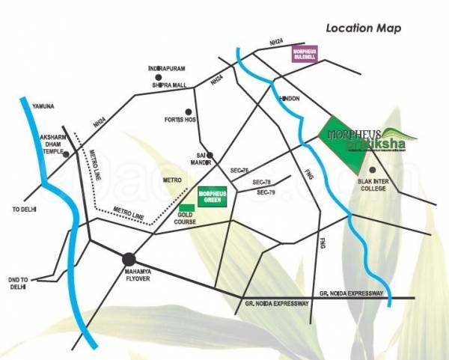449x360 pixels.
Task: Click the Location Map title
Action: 363,28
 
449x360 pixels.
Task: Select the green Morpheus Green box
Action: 212,198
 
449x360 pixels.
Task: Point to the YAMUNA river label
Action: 35,106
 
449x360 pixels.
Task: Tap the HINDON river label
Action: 288,99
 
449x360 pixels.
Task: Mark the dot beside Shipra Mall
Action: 158,76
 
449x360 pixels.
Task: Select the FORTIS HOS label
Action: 180,120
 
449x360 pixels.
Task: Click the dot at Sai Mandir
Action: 210,156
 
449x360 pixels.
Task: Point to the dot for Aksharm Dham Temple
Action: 67,155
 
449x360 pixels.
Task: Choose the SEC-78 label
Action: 261,183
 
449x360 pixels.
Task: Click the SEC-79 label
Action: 266,193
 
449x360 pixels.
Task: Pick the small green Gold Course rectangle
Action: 185,207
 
